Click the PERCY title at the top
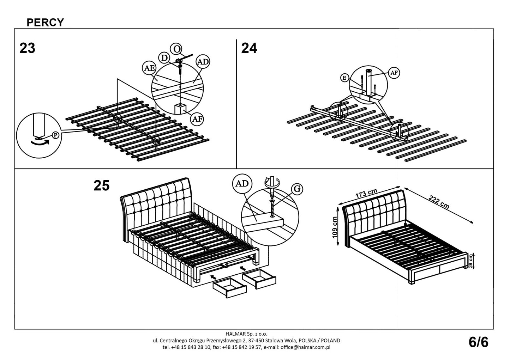coord(45,22)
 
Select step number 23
coord(28,48)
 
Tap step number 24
coord(249,48)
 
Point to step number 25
coord(102,185)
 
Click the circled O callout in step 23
coord(176,49)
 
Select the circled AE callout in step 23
coord(149,68)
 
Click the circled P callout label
coord(55,135)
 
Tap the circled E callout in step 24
coord(344,78)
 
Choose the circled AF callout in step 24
coord(394,73)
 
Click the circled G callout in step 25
coord(297,189)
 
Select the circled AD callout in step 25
coord(242,183)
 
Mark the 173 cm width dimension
coord(366,194)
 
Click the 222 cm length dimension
coord(439,202)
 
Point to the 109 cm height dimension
coord(335,227)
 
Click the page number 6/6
coord(478,342)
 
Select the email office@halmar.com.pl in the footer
coord(305,347)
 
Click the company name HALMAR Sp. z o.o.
coord(246,334)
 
